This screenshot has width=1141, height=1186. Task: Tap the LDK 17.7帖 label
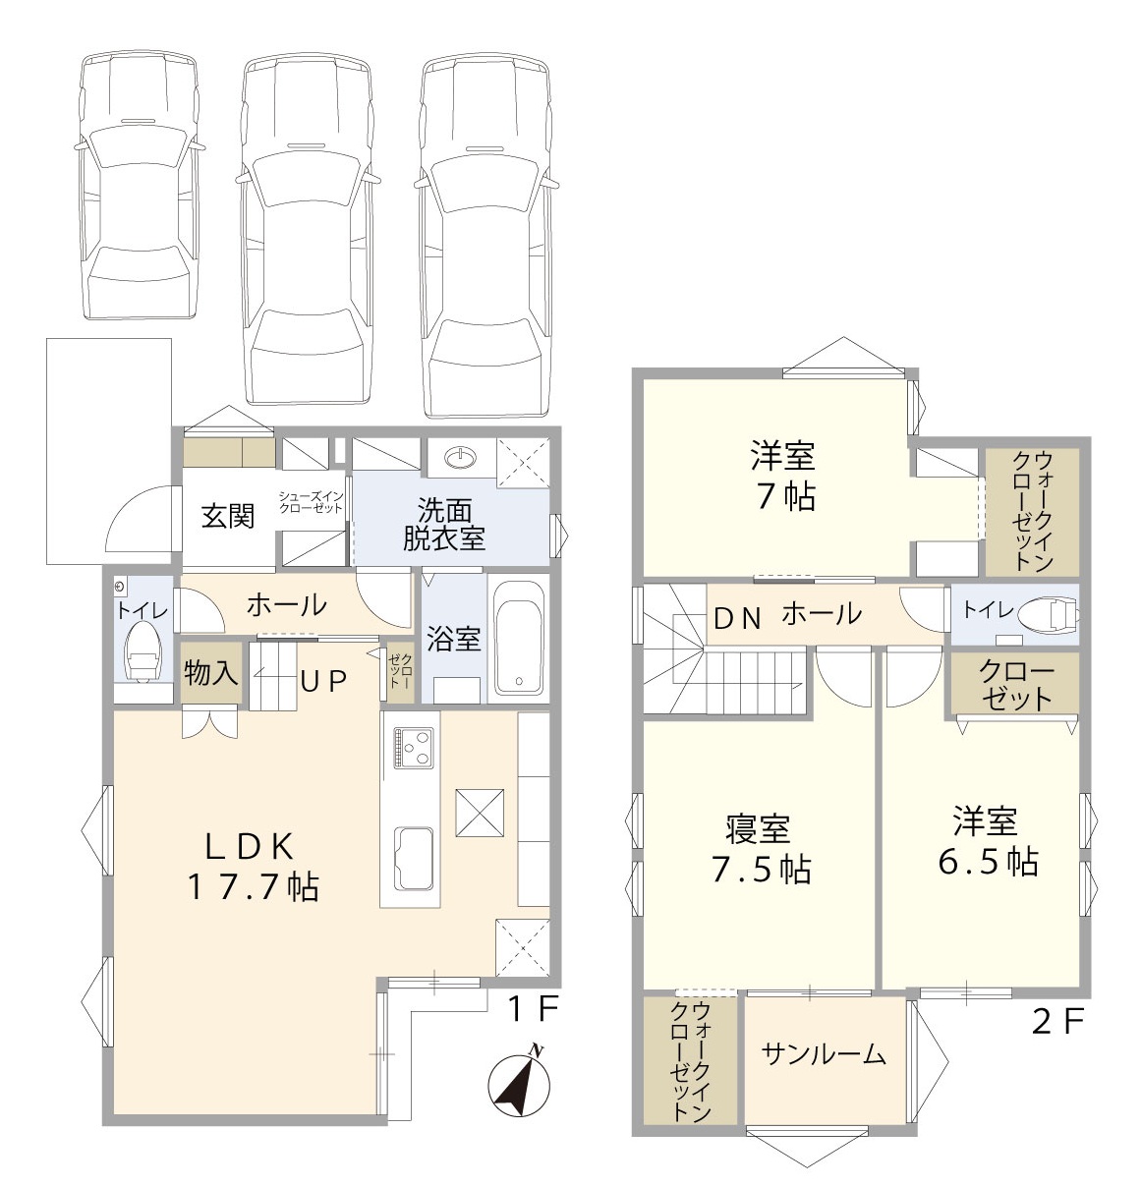click(252, 866)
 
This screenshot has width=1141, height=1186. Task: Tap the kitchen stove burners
click(412, 746)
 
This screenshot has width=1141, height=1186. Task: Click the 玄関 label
click(228, 516)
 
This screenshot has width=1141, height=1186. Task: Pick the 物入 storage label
click(210, 673)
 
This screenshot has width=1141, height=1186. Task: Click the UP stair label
click(323, 681)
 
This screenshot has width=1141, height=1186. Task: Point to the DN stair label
click(737, 617)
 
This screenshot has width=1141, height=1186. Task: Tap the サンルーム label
click(824, 1055)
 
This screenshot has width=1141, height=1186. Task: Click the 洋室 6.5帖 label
click(986, 841)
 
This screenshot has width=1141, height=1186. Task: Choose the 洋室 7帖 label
click(783, 477)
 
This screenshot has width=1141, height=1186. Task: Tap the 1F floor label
click(533, 1008)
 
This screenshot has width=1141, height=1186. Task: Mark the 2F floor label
click(1057, 1022)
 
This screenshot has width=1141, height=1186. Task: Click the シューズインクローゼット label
click(311, 502)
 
